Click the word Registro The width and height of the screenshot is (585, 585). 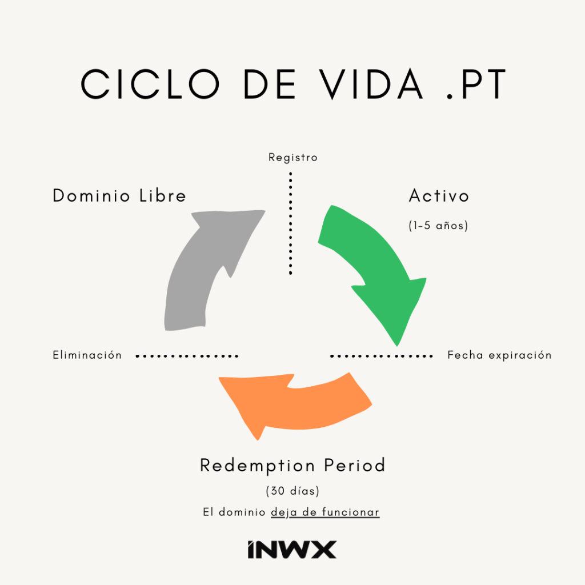(292, 157)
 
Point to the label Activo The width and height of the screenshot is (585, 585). (439, 196)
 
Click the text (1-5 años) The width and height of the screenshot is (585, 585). (438, 226)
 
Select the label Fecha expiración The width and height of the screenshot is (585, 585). (499, 355)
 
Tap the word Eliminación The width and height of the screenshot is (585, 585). (87, 355)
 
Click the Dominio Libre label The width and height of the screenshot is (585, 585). (119, 195)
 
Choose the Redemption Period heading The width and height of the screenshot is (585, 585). (292, 466)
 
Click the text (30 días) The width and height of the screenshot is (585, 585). (292, 491)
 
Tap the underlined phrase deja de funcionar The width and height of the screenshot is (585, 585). (325, 512)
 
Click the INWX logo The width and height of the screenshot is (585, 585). (292, 550)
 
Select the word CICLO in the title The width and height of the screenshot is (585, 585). (149, 85)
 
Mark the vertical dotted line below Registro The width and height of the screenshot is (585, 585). (291, 223)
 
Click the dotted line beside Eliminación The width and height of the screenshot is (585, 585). (187, 356)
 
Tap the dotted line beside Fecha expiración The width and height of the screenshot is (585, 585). (381, 356)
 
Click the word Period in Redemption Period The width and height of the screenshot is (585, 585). (355, 466)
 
